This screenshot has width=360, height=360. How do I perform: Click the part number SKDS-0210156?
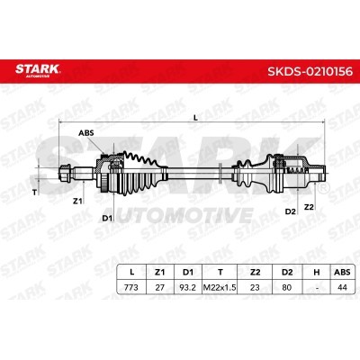point(310,71)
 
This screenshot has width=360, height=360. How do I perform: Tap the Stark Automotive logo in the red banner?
point(38,70)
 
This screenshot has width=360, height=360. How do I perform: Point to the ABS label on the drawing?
point(86,133)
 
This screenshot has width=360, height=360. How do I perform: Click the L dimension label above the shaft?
point(195,118)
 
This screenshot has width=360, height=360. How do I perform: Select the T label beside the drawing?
point(35,193)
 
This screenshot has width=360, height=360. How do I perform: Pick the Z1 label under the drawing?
point(77,202)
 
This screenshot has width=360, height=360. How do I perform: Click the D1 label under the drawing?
point(107,218)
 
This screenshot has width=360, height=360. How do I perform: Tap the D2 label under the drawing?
point(290,211)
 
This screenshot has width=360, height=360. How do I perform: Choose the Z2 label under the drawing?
point(309,207)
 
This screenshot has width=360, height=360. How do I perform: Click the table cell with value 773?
point(131,287)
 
